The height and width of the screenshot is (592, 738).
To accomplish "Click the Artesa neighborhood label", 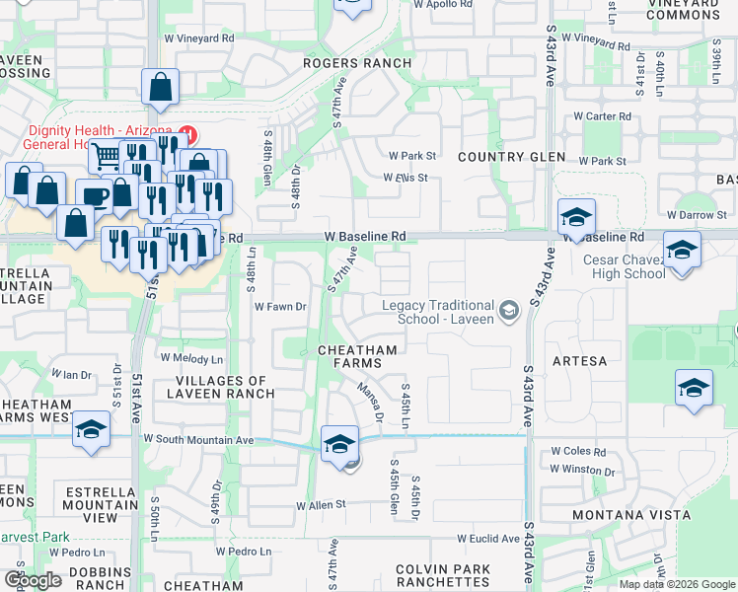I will pyautogui.click(x=579, y=361).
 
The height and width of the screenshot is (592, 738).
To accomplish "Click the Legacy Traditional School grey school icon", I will pyautogui.click(x=509, y=312).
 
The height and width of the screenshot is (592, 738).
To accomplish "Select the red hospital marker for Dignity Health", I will pyautogui.click(x=187, y=132).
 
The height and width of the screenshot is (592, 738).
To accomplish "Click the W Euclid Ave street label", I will pyautogui.click(x=487, y=539).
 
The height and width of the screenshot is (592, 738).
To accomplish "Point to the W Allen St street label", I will pyautogui.click(x=322, y=504).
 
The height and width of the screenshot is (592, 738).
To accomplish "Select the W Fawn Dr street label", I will pyautogui.click(x=281, y=307).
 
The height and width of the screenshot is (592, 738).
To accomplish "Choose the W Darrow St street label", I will pyautogui.click(x=697, y=215).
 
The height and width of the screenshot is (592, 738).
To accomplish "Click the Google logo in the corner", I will pyautogui.click(x=33, y=580).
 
